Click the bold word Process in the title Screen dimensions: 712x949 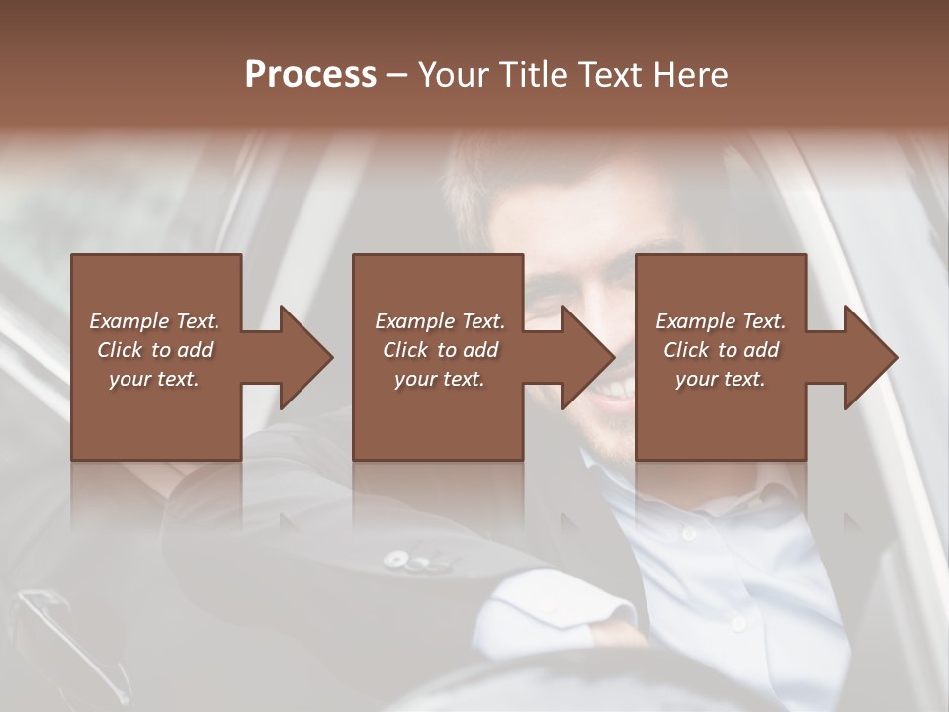tap(310, 75)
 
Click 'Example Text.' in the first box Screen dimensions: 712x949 tap(154, 321)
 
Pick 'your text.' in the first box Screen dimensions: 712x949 tap(154, 379)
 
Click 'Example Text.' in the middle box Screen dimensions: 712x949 tap(440, 321)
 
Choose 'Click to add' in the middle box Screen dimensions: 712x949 tap(440, 350)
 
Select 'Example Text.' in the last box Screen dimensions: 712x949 tap(721, 321)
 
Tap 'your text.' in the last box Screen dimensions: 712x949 tap(721, 379)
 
